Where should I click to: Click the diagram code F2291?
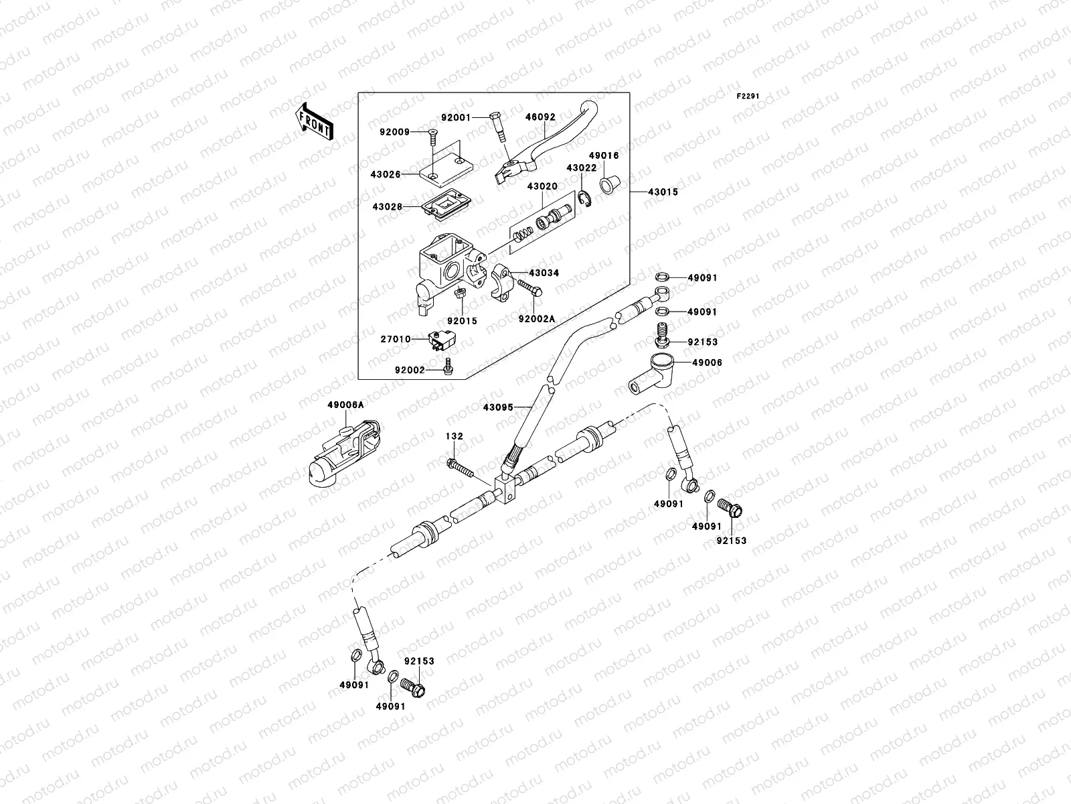(748, 96)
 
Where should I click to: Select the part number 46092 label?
(540, 117)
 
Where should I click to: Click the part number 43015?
(662, 192)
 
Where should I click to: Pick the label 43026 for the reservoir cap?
(386, 174)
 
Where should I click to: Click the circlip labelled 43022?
(584, 198)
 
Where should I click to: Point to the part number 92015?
(463, 321)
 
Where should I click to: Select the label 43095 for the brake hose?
(497, 406)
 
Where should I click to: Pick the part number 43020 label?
(542, 186)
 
